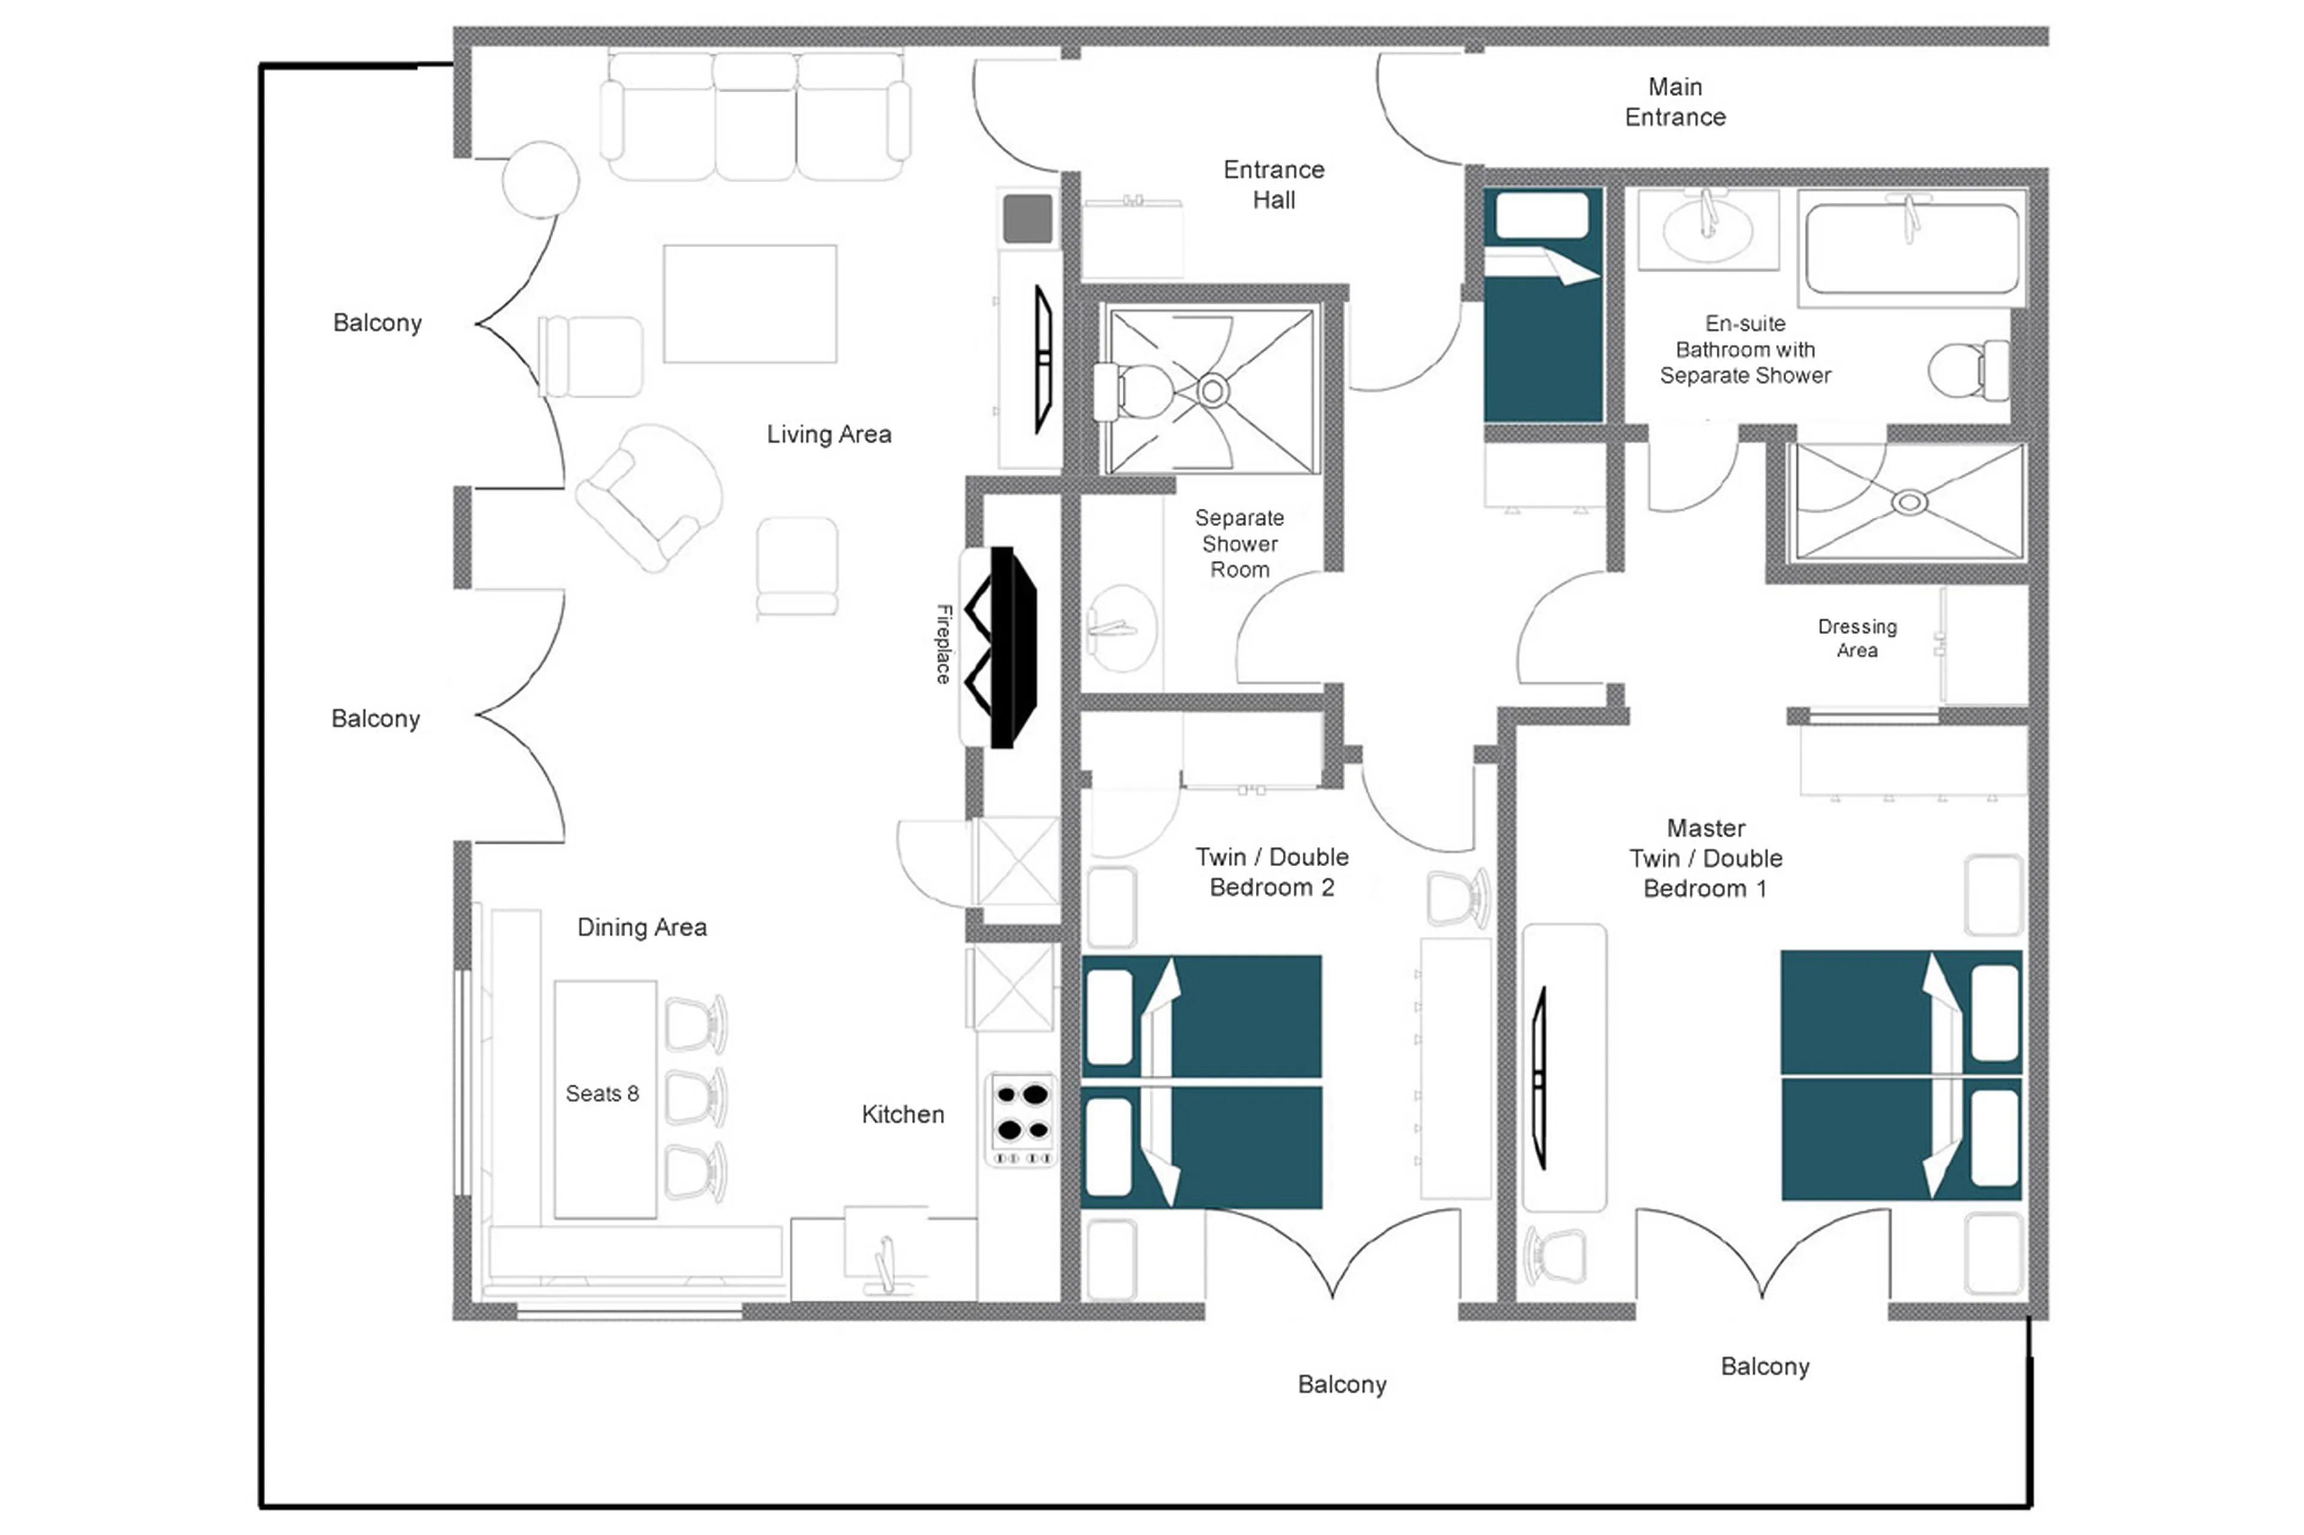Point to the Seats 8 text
[x=602, y=1094]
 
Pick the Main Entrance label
[x=1675, y=102]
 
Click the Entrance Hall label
[x=1273, y=184]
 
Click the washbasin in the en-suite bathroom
[x=1707, y=231]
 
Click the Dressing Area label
[x=1856, y=638]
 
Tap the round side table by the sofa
[x=541, y=179]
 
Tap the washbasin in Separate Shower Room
[x=1121, y=629]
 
